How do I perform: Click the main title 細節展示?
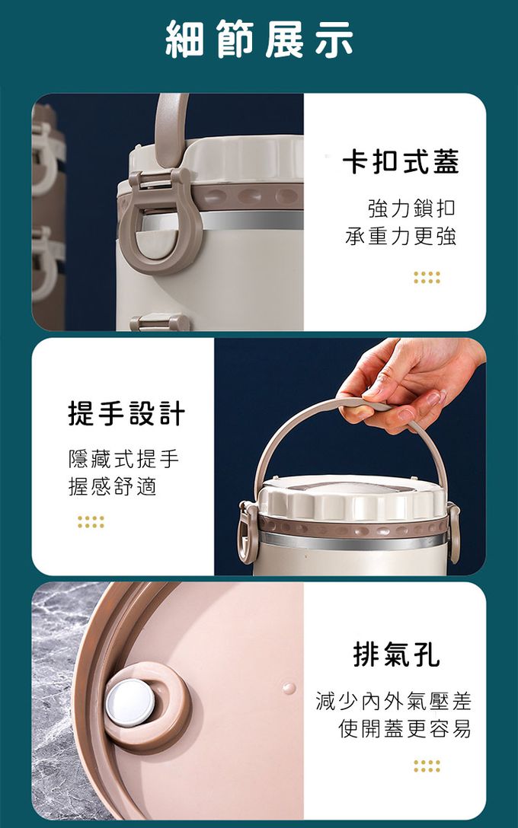click(x=259, y=39)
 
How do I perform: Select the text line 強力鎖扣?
click(x=411, y=209)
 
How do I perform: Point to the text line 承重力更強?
click(x=401, y=236)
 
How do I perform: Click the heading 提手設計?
click(x=127, y=413)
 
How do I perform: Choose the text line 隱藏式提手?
click(x=124, y=459)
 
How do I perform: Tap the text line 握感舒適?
click(x=113, y=486)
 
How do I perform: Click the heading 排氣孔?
click(x=396, y=654)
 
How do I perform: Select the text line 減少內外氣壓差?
click(x=393, y=701)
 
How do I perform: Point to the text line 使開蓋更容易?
click(x=405, y=729)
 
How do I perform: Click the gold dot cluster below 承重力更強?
click(x=427, y=278)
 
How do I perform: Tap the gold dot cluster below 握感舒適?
click(x=91, y=522)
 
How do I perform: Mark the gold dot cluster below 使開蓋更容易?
click(x=427, y=766)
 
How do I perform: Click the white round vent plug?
click(x=130, y=702)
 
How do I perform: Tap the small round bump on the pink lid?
click(x=289, y=688)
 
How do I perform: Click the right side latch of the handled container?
click(x=453, y=532)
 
